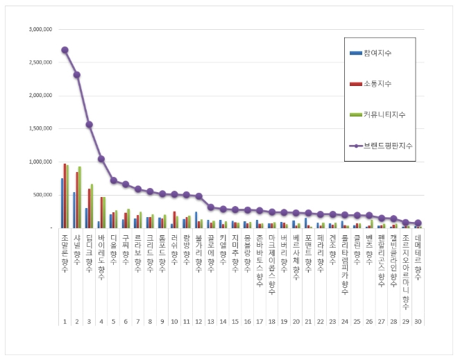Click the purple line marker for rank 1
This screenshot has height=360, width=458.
65,50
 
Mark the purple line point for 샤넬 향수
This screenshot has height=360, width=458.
76,75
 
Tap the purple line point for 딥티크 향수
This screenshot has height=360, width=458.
89,125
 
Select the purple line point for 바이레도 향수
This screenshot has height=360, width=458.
101,159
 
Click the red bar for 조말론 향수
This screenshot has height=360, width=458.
65,196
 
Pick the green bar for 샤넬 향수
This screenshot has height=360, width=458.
80,197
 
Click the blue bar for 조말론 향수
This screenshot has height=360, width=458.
62,203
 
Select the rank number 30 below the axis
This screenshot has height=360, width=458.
418,322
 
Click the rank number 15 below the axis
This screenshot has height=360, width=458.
235,322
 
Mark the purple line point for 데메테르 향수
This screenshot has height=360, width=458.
418,223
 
